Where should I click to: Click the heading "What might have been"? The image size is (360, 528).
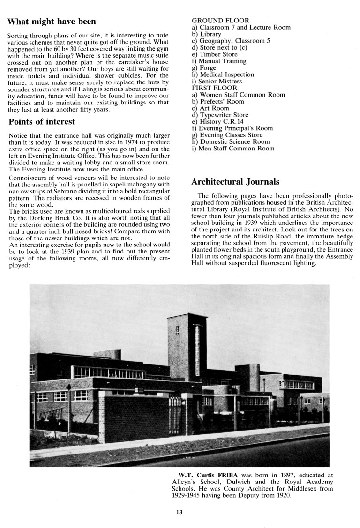(x=52, y=22)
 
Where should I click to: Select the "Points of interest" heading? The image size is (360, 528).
(x=42, y=122)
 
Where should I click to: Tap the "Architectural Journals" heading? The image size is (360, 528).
(x=236, y=181)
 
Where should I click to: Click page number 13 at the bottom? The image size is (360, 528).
(x=180, y=512)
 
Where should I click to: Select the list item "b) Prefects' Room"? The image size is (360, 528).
(x=218, y=101)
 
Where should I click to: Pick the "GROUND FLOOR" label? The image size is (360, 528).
(x=221, y=21)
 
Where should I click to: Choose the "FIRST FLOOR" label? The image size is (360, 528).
(x=215, y=88)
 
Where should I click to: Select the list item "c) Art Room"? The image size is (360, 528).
(x=211, y=108)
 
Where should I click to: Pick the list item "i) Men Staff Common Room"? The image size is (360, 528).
(x=233, y=149)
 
